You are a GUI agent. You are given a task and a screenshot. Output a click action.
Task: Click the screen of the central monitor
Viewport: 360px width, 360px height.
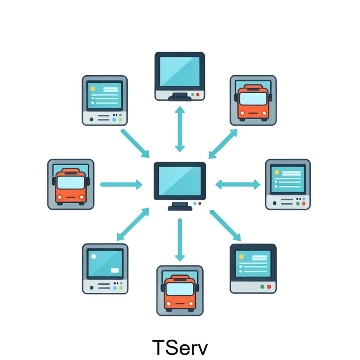pos(180,180)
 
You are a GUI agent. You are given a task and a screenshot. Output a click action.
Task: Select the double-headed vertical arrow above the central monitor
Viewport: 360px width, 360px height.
pos(180,128)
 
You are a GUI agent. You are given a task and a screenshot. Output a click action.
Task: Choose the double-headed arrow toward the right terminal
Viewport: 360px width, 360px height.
pos(238,184)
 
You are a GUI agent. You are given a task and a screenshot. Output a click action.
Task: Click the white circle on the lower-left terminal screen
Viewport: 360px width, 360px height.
pos(94,256)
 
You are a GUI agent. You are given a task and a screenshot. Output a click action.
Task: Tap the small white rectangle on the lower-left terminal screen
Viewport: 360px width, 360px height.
pos(115,270)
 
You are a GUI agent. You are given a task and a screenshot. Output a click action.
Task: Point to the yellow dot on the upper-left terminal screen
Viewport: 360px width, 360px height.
pos(93,89)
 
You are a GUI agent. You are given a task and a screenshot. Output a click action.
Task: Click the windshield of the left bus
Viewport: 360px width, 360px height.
pos(71,183)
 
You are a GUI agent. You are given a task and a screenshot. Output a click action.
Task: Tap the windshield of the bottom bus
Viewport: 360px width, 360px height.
pos(180,289)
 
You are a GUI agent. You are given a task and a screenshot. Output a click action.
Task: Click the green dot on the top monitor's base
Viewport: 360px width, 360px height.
pos(192,95)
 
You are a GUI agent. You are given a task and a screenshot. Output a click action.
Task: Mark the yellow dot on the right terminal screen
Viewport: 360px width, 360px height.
pos(276,172)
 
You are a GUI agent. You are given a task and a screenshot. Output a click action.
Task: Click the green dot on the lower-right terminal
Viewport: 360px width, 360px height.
pos(262,286)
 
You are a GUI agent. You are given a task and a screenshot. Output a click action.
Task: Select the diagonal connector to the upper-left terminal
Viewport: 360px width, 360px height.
pos(135,142)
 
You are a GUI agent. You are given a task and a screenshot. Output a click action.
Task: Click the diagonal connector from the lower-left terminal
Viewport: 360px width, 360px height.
pos(132,224)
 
